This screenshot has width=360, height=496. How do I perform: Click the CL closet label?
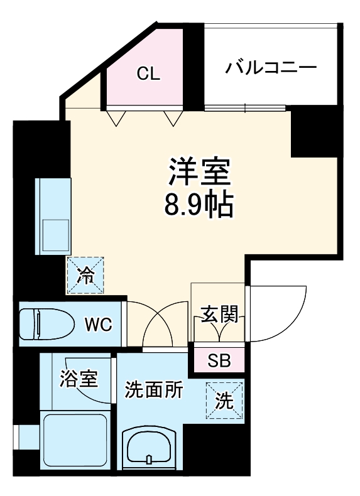[149, 74]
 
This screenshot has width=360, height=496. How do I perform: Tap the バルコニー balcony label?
[271, 67]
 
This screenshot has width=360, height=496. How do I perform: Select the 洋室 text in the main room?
[200, 170]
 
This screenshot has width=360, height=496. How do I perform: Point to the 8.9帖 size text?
[200, 204]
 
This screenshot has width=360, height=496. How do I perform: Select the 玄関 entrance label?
[219, 315]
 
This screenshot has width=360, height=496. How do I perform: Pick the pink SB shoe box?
[219, 360]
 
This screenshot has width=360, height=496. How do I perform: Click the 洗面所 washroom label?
[154, 391]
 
